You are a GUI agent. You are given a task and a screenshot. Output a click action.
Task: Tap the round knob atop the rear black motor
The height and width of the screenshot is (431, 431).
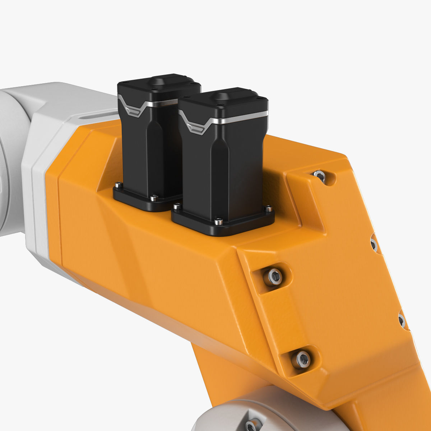(x=158, y=81)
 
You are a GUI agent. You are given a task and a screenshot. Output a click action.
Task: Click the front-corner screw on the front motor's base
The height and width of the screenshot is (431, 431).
(x=218, y=222)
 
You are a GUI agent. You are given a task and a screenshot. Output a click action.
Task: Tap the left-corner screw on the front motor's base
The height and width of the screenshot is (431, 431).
(x=176, y=207)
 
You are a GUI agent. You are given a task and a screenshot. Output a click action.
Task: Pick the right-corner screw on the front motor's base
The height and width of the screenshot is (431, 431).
(x=268, y=209)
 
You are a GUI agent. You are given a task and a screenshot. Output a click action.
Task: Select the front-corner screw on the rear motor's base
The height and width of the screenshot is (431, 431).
(x=154, y=198)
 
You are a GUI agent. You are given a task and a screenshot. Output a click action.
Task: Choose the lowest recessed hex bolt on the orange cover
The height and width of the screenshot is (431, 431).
(x=301, y=359)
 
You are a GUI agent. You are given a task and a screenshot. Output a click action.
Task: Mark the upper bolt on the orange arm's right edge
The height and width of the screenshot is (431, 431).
(x=374, y=245)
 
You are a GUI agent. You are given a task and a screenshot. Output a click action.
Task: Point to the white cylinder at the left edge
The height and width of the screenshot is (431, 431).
(x=11, y=162)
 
